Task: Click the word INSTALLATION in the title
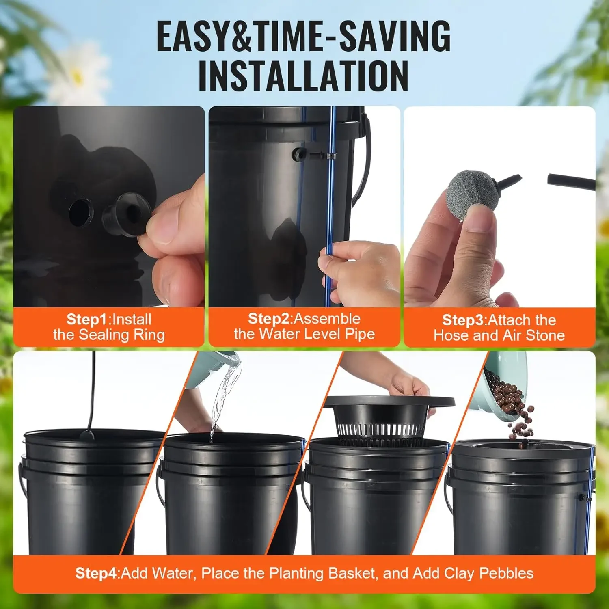click(x=303, y=76)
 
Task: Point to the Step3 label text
click(x=463, y=320)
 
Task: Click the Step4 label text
click(x=96, y=573)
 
